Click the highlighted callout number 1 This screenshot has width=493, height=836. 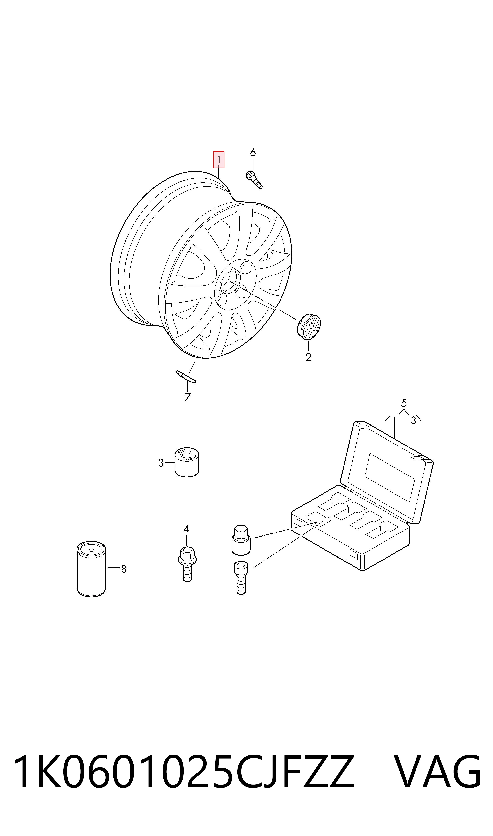point(219,160)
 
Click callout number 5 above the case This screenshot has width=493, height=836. point(404,403)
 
